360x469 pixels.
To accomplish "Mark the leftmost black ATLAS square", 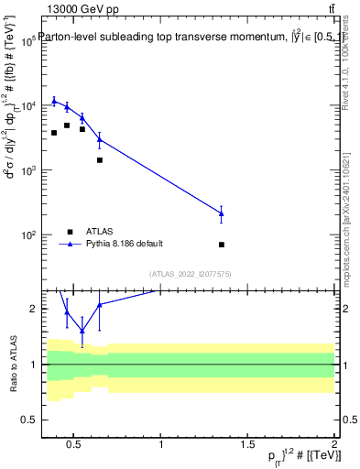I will pyautogui.click(x=54, y=133).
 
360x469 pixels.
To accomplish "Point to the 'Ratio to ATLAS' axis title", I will pyautogui.click(x=12, y=365).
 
